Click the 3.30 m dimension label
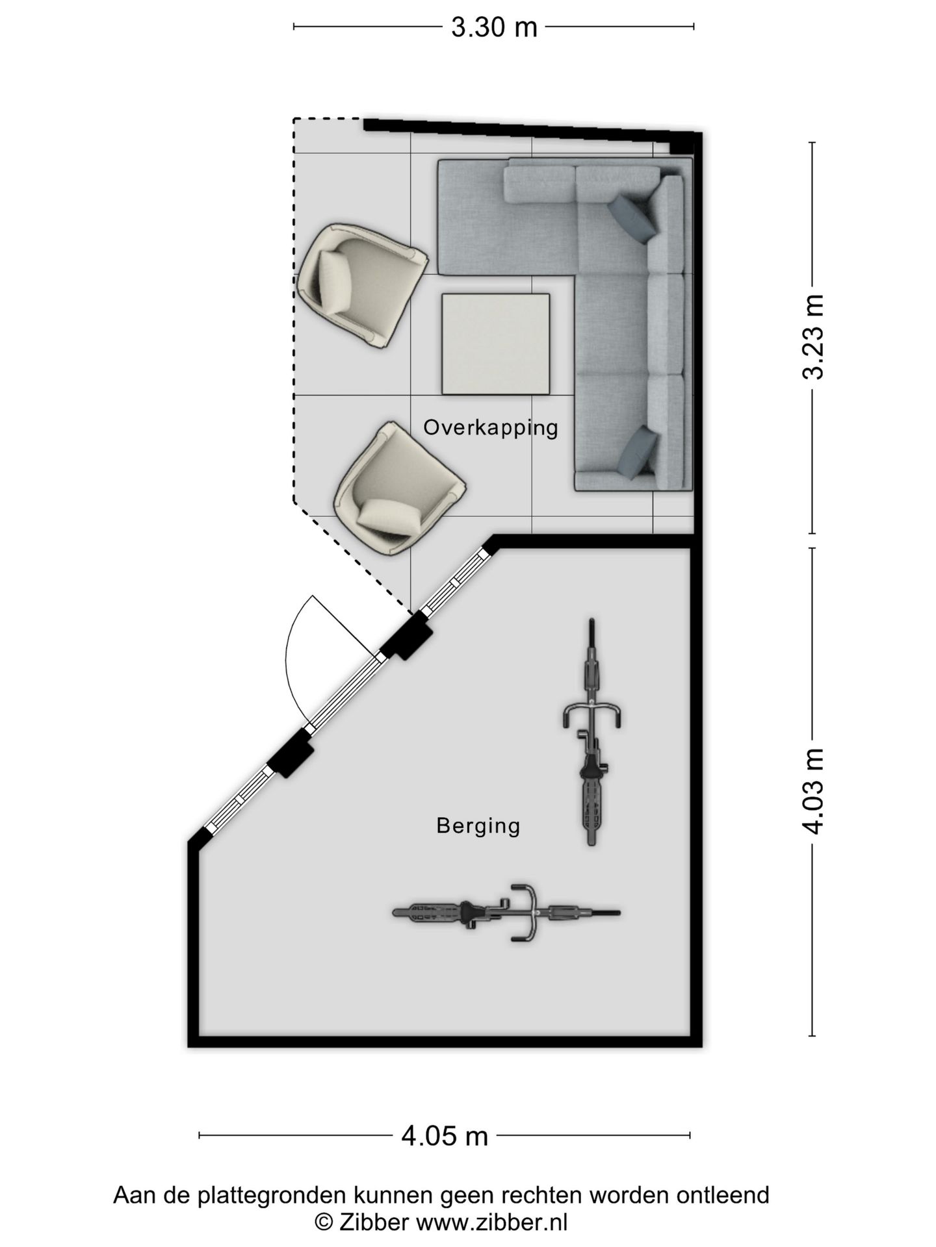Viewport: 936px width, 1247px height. click(494, 27)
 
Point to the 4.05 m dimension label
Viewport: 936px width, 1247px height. click(445, 1136)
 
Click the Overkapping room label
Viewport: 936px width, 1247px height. click(491, 427)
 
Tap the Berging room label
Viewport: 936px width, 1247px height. click(478, 825)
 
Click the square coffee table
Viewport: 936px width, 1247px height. click(496, 344)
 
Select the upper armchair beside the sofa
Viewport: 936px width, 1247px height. click(361, 285)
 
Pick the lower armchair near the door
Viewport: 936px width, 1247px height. click(399, 488)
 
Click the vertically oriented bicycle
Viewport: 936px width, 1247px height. click(592, 731)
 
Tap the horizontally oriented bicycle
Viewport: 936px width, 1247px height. click(506, 913)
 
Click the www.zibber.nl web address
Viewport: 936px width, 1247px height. click(491, 1222)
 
